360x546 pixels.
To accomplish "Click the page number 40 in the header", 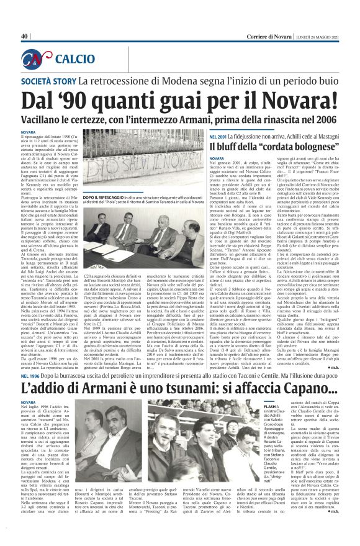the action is (x=25, y=37).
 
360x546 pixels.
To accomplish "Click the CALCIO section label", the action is (x=74, y=60).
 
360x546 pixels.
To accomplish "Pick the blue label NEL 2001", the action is (x=219, y=136).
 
